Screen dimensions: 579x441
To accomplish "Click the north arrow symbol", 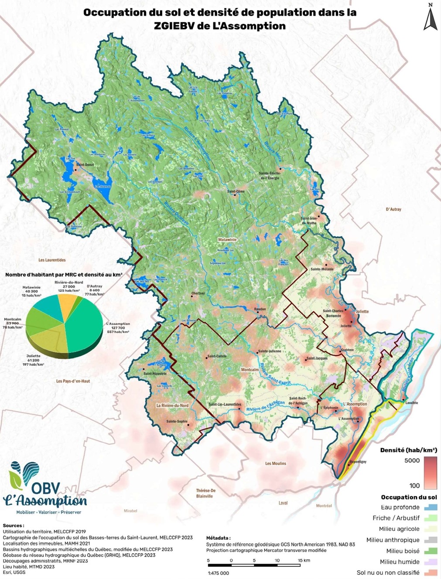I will click(430, 18).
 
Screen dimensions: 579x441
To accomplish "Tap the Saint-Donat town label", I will click(85, 165).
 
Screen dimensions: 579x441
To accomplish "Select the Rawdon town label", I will click(260, 309).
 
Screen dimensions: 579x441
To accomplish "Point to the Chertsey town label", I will click(198, 293).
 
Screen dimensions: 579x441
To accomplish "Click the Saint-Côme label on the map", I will click(236, 191).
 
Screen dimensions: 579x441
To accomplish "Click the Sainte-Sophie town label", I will click(177, 422).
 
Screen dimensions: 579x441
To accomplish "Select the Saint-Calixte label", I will click(217, 356).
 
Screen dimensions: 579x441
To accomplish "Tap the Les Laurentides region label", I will click(52, 260).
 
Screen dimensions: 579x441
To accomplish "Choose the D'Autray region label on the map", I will click(393, 209).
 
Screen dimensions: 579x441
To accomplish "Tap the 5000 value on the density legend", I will click(412, 460).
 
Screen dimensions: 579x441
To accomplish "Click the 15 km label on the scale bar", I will click(304, 560).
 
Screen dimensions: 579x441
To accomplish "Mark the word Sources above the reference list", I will click(14, 526).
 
